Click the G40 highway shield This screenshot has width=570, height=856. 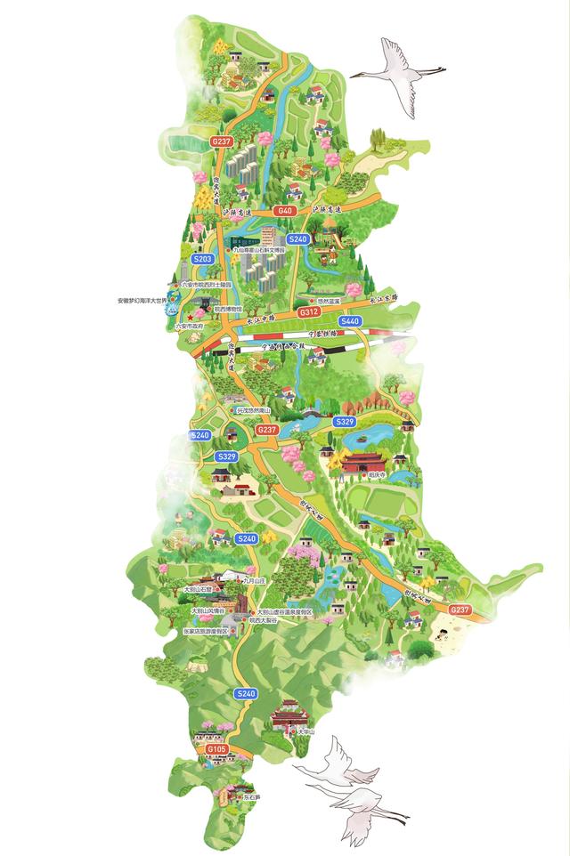[284, 211]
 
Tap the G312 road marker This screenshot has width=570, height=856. [309, 312]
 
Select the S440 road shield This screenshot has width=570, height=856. [349, 321]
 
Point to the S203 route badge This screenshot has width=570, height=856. [203, 259]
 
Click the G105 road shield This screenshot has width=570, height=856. [216, 750]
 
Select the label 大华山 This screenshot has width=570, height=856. [306, 731]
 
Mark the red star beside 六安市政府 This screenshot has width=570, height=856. [190, 318]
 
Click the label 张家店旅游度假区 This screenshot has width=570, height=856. [206, 631]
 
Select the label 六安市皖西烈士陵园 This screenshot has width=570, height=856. [206, 284]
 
